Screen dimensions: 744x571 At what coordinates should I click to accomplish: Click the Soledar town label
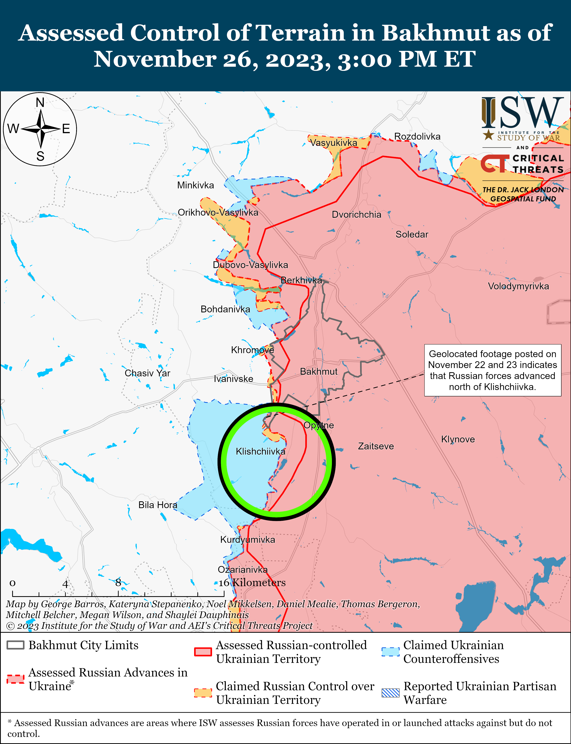pos(412,234)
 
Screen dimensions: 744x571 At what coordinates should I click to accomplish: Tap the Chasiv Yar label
pos(147,373)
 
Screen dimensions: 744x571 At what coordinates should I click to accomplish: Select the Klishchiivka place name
pos(260,451)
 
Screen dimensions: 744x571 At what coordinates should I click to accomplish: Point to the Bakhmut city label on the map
pos(318,371)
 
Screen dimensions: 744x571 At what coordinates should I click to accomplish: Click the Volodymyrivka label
pos(518,286)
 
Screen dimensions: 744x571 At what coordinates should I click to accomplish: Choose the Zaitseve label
pos(376,446)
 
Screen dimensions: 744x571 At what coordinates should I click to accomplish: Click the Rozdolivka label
pos(417,136)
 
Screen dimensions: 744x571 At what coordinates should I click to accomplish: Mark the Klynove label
pos(458,439)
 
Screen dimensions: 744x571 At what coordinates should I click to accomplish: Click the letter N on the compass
pos(40,102)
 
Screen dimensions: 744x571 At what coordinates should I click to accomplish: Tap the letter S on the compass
pos(40,156)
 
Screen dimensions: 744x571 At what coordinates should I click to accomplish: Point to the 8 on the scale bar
pos(118,582)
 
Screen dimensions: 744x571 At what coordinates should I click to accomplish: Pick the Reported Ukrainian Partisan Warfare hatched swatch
pos(390,693)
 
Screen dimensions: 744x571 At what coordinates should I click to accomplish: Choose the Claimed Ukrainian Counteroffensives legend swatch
pos(390,651)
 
